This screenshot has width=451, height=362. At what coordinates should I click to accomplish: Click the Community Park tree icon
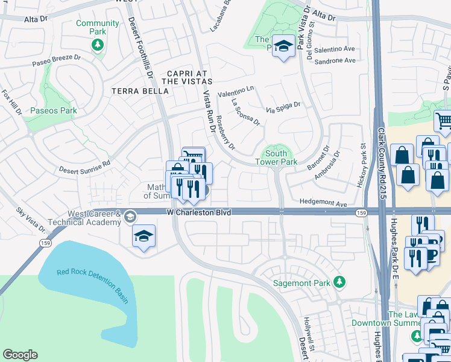click(x=97, y=45)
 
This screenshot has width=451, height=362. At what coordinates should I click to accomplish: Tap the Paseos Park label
click(x=54, y=110)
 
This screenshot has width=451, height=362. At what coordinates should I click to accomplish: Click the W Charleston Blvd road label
click(x=199, y=212)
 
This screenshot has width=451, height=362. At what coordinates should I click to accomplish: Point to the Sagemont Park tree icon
click(x=340, y=282)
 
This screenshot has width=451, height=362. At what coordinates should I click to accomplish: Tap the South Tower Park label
click(x=276, y=158)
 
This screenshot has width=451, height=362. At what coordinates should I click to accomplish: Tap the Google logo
click(x=20, y=355)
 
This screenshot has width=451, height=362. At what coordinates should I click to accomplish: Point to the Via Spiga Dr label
click(x=283, y=108)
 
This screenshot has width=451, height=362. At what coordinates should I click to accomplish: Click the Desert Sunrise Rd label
click(x=84, y=167)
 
